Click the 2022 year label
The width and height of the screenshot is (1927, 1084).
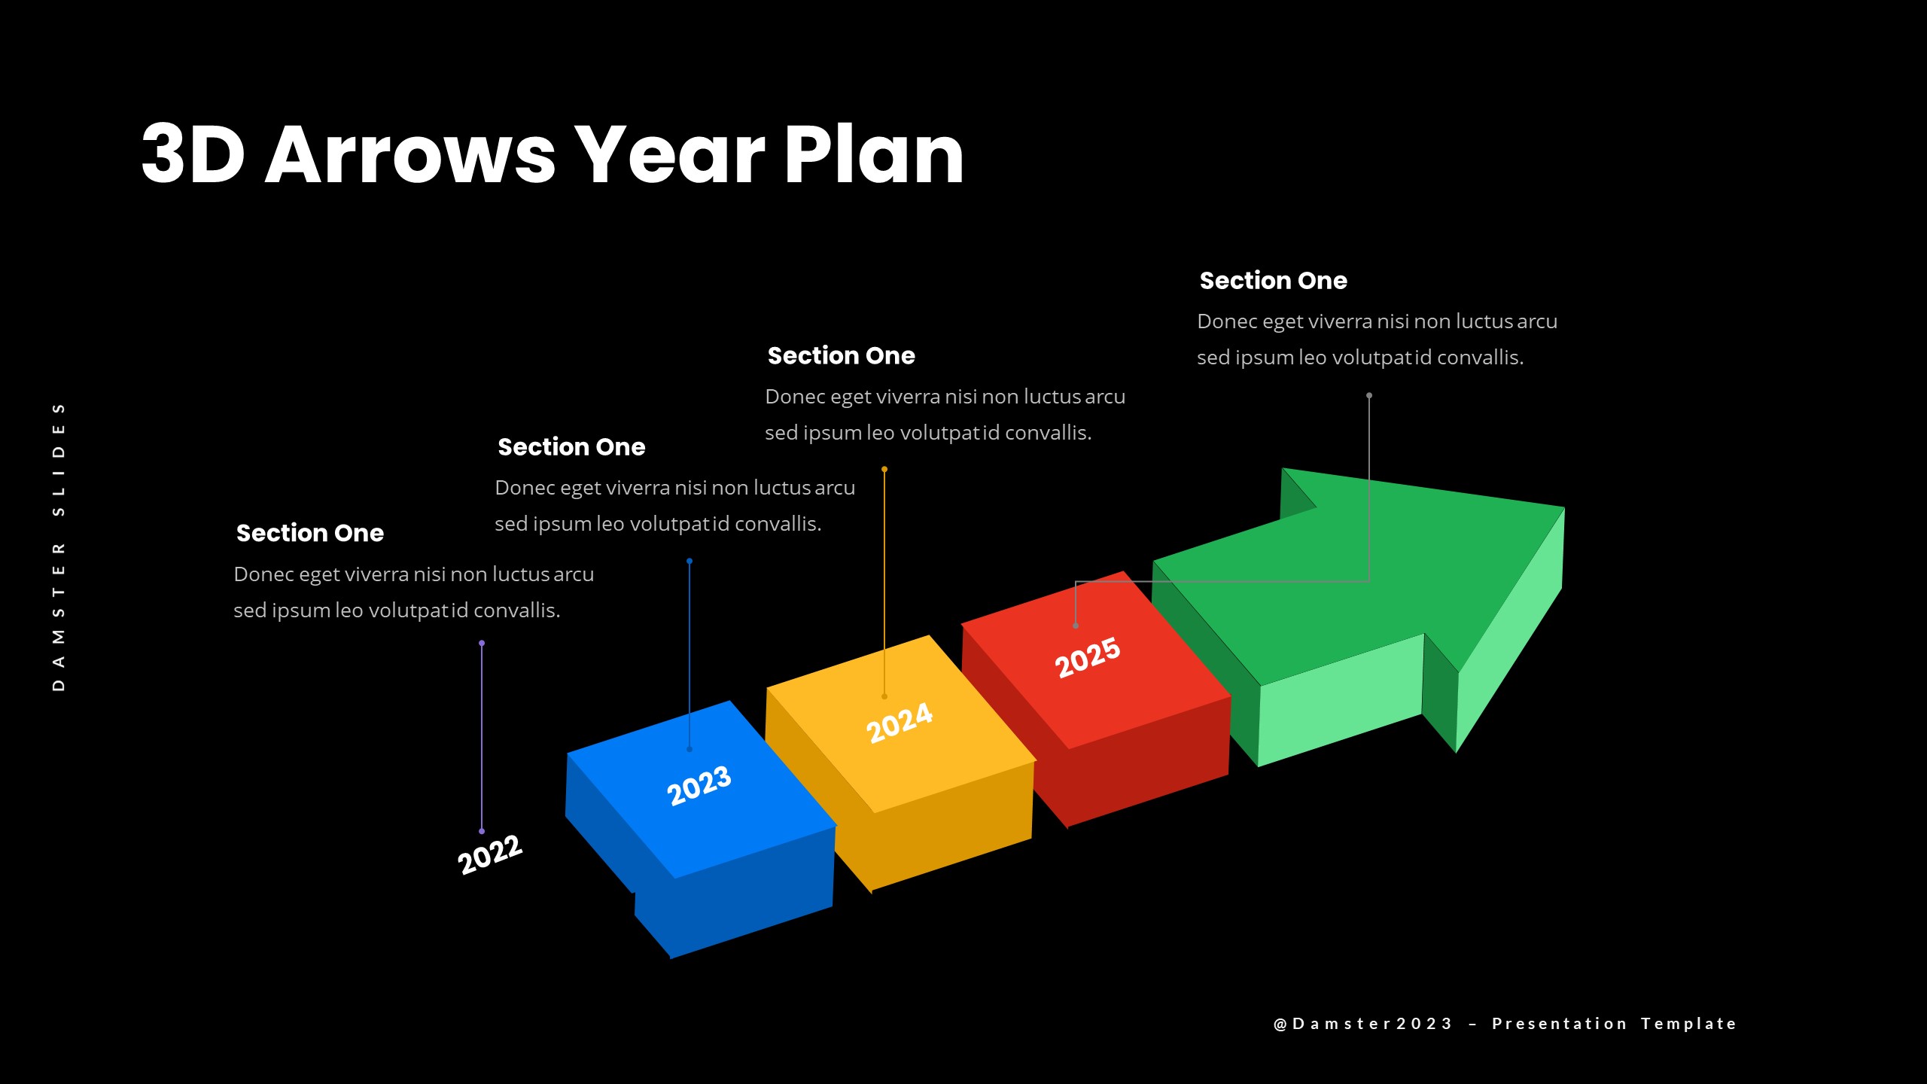pyautogui.click(x=490, y=854)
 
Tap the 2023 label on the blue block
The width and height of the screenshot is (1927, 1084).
pyautogui.click(x=699, y=785)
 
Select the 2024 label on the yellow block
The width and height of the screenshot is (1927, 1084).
pyautogui.click(x=900, y=722)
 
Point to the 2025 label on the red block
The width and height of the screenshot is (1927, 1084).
pyautogui.click(x=1088, y=657)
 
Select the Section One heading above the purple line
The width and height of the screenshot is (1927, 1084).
pyautogui.click(x=310, y=533)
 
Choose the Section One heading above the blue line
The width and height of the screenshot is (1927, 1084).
pyautogui.click(x=571, y=447)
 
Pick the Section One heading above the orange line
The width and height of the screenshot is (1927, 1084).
pyautogui.click(x=841, y=356)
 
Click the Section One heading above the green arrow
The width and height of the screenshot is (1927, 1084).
pyautogui.click(x=1273, y=281)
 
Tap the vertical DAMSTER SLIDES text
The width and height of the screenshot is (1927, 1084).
pyautogui.click(x=59, y=547)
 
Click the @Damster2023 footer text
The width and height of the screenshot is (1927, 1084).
pyautogui.click(x=1363, y=1024)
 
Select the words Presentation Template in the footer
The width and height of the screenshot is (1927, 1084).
pyautogui.click(x=1614, y=1024)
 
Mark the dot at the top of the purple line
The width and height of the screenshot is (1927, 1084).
pyautogui.click(x=482, y=643)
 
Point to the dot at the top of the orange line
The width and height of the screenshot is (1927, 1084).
pyautogui.click(x=884, y=469)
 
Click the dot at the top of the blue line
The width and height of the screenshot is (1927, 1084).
pyautogui.click(x=690, y=561)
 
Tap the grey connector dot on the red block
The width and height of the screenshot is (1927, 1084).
pyautogui.click(x=1076, y=626)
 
